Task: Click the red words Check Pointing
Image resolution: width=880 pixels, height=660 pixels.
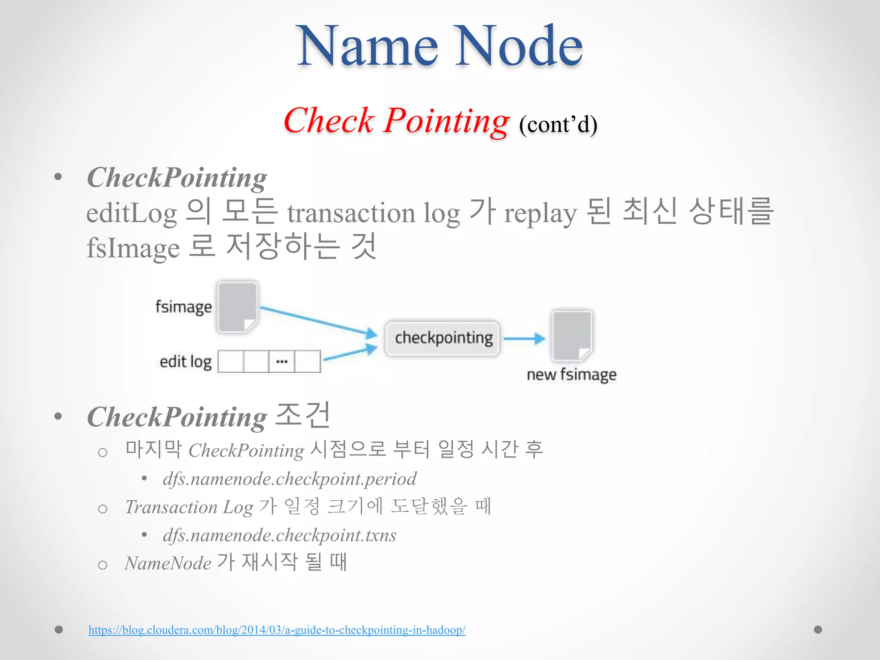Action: coord(396,121)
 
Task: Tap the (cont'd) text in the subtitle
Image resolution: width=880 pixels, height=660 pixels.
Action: coord(558,125)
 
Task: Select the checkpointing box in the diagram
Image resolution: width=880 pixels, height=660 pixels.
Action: coord(443,338)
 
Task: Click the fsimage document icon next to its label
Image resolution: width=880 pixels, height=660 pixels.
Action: coord(237,307)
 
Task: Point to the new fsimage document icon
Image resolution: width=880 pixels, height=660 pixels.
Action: coord(572,336)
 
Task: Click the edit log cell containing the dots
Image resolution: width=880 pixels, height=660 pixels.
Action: coord(282,361)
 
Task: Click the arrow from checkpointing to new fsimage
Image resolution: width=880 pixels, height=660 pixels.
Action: coord(524,339)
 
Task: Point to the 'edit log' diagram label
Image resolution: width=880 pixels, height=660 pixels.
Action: coord(186,362)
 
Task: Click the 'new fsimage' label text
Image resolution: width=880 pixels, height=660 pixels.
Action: coord(571,375)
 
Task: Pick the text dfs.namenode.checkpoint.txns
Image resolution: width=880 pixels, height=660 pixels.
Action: coord(279,535)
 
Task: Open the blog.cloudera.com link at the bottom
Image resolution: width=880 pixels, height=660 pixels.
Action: coord(277,630)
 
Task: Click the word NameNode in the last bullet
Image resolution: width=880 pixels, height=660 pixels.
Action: coord(168,563)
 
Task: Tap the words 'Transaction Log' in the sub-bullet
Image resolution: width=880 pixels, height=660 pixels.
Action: coord(189,507)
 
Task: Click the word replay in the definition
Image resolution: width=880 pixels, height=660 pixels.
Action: coord(540,214)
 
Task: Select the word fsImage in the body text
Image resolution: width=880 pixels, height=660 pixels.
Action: coord(133,248)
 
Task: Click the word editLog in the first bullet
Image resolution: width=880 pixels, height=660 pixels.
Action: coord(131,214)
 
